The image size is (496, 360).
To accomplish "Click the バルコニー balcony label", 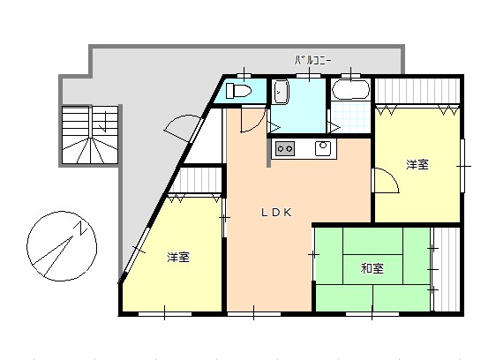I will pos(312,61).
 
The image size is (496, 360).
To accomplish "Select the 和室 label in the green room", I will pos(372,268).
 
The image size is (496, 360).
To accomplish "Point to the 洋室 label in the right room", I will pos(417,164).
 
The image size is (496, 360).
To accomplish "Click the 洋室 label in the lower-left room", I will pos(178,258).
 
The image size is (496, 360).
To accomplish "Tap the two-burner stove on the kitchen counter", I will pos(285,147).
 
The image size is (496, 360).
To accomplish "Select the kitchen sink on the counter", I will pos(323,147).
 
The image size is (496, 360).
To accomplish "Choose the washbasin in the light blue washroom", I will pos(280,91).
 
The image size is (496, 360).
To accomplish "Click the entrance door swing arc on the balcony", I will pos(180,127).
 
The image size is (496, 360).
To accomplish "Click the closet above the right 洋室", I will pos(417,92).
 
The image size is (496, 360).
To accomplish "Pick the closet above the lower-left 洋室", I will pos(196,183).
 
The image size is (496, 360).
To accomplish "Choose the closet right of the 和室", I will pos(447,268).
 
